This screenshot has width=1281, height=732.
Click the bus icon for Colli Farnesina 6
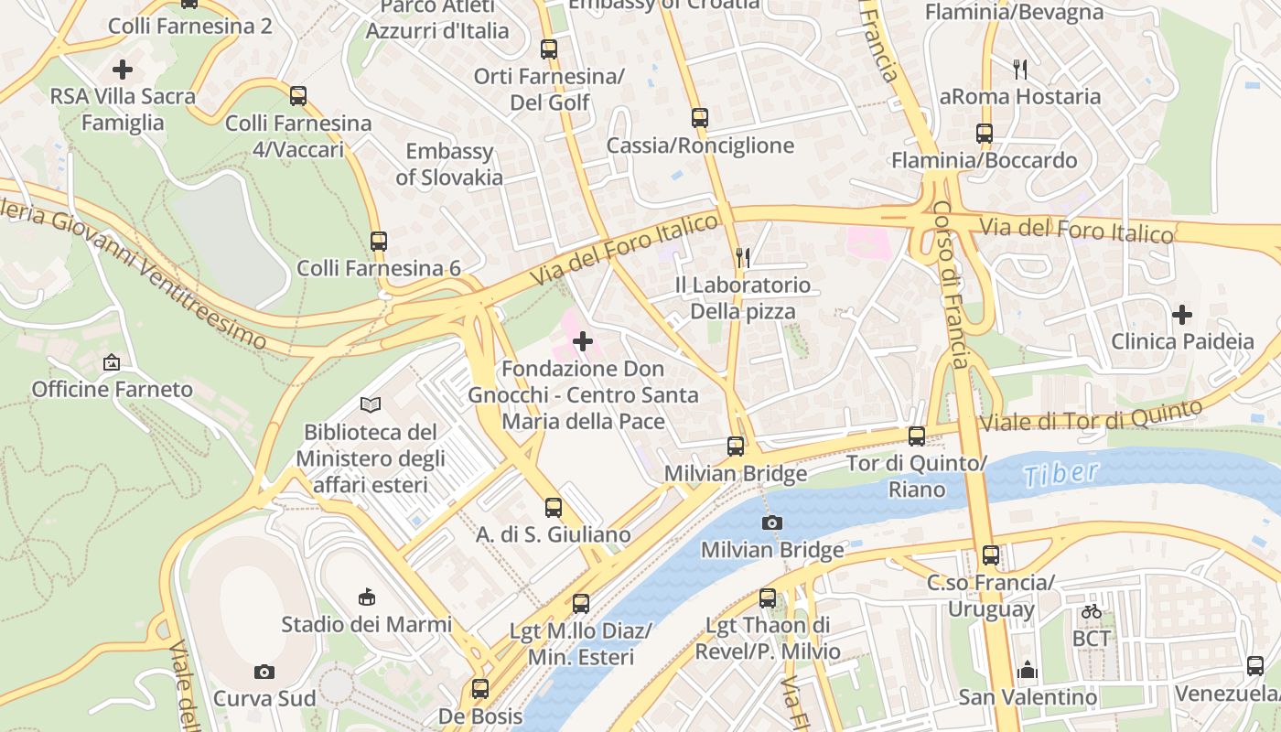click(379, 242)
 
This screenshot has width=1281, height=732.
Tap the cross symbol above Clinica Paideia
click(1182, 316)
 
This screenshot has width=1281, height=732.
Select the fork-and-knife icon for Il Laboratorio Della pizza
click(743, 258)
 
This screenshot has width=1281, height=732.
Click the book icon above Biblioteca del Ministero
click(371, 404)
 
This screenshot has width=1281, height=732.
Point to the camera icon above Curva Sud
click(264, 673)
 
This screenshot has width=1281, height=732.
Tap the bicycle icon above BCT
click(1092, 611)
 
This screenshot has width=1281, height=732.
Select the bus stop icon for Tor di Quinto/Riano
click(917, 436)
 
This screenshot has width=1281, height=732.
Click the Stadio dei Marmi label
click(366, 625)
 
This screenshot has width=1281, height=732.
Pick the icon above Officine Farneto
click(112, 363)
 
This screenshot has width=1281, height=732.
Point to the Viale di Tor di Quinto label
click(1090, 415)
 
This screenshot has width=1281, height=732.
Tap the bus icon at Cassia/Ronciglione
click(700, 118)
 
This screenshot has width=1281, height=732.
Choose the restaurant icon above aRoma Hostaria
click(1020, 69)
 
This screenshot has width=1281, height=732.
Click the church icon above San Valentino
click(1028, 671)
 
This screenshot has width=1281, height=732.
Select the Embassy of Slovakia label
click(449, 165)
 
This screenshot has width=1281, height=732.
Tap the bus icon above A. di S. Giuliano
click(554, 508)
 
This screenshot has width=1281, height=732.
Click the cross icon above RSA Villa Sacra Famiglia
click(123, 70)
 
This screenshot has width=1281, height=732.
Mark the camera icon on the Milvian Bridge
click(772, 523)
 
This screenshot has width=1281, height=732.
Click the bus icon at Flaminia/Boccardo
click(985, 134)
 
